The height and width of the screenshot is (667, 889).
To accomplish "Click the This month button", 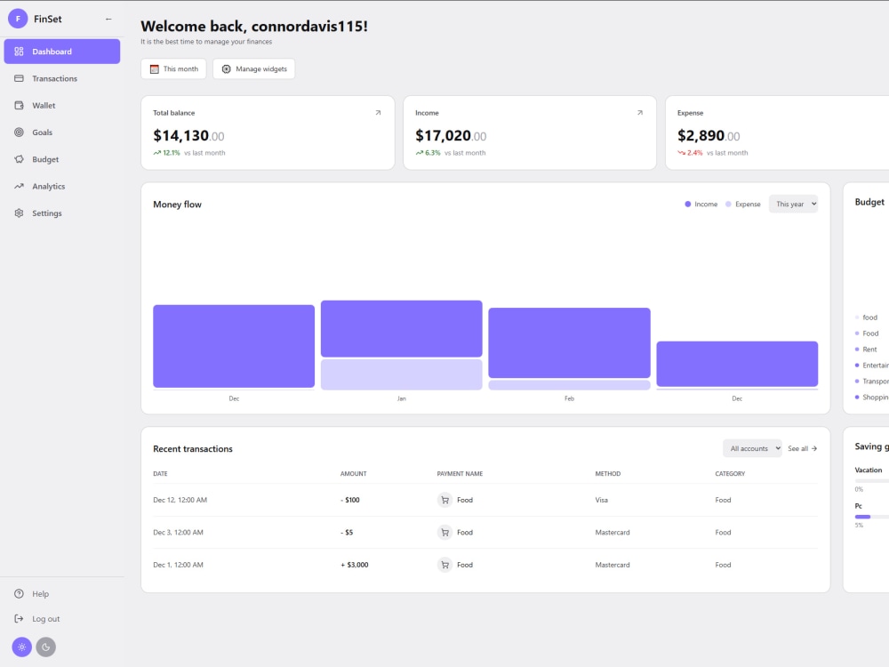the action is [173, 68].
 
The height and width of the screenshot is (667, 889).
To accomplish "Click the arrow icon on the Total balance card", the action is [378, 112].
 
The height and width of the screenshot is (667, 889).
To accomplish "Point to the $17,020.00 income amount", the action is [451, 135].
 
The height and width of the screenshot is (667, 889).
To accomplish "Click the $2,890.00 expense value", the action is [709, 135].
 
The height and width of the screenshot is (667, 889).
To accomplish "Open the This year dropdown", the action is [793, 205].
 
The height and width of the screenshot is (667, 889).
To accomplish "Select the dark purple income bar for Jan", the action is [402, 329].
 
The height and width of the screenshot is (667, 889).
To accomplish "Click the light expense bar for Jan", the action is [402, 374].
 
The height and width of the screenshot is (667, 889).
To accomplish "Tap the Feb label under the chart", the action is [569, 398].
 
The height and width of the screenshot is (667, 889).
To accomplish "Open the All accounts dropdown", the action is [752, 448].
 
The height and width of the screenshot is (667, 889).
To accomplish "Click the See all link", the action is [802, 448].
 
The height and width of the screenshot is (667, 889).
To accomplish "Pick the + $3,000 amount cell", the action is [355, 565].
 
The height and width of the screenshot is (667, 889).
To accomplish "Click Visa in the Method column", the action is [602, 500].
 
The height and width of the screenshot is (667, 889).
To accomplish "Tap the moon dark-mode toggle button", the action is [46, 647].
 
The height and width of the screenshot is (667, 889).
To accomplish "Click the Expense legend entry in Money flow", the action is [743, 205].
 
